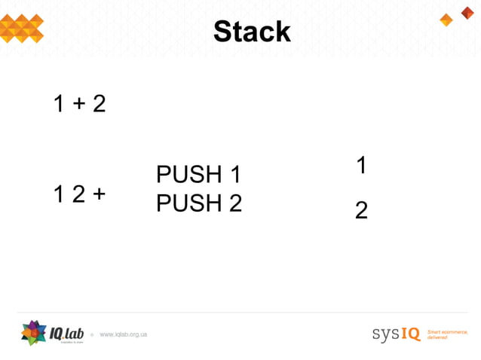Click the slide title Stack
click(251, 32)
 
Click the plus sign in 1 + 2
click(79, 104)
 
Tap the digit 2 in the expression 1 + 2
click(99, 104)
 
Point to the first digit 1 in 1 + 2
click(60, 104)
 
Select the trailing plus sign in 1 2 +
click(99, 194)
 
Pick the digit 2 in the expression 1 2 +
click(79, 194)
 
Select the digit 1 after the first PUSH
click(234, 175)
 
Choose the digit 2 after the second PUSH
click(234, 203)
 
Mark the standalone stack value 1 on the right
click(361, 165)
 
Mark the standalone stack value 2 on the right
click(361, 211)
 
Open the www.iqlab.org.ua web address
click(123, 334)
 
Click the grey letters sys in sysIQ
click(385, 334)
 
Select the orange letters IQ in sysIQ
click(410, 334)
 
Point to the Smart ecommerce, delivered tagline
click(447, 334)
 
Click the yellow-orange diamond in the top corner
click(446, 20)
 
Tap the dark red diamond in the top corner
click(467, 12)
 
